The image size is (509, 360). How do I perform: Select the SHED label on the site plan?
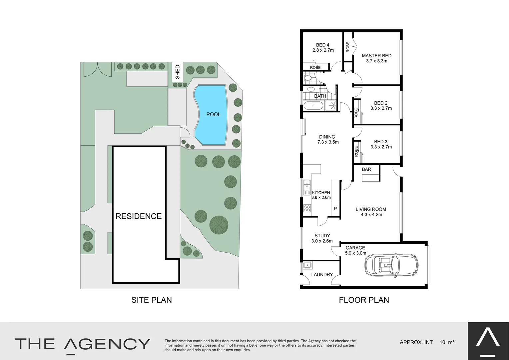point(177,72)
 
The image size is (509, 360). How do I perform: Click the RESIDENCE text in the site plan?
point(139,216)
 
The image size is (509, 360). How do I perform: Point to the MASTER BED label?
point(376,56)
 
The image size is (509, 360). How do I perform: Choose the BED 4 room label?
point(323,45)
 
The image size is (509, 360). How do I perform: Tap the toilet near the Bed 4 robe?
point(307,78)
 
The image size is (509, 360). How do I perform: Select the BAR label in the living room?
point(366,169)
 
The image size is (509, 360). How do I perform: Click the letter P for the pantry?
point(335,209)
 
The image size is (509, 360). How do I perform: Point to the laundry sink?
point(307,266)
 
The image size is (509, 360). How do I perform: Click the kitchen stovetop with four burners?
point(307,209)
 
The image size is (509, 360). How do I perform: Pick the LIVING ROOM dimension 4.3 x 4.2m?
point(371,215)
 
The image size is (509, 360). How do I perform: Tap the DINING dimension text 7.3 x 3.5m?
point(328,142)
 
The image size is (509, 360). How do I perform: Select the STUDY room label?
point(322,236)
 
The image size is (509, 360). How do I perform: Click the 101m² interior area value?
point(447,342)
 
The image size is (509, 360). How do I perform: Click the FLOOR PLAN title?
point(364,300)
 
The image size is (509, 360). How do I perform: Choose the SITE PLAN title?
point(152,300)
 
